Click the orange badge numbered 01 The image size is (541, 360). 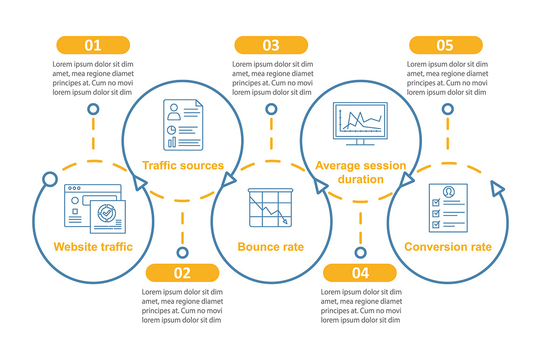point(93,45)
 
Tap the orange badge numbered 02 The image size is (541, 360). point(182,273)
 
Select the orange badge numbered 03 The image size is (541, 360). point(271,45)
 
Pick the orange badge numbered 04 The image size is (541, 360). point(360,273)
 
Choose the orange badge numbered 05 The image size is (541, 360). point(446,45)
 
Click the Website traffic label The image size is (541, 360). point(93,247)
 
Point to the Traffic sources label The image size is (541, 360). point(183,166)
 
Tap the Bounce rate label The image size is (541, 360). point(271,247)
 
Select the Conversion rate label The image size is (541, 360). point(448,247)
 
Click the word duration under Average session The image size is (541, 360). point(361,180)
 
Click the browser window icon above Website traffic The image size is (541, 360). point(95,208)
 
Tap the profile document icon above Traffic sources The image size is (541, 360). point(183,125)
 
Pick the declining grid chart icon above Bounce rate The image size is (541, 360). point(270,208)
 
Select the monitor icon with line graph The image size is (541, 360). point(360,124)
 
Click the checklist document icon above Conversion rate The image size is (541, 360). point(448,208)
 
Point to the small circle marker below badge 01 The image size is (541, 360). point(93,109)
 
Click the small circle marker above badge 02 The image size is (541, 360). point(182,253)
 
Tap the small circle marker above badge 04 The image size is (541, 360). point(361,253)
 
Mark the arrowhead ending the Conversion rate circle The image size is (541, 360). point(497,188)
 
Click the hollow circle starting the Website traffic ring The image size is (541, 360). point(50,180)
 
